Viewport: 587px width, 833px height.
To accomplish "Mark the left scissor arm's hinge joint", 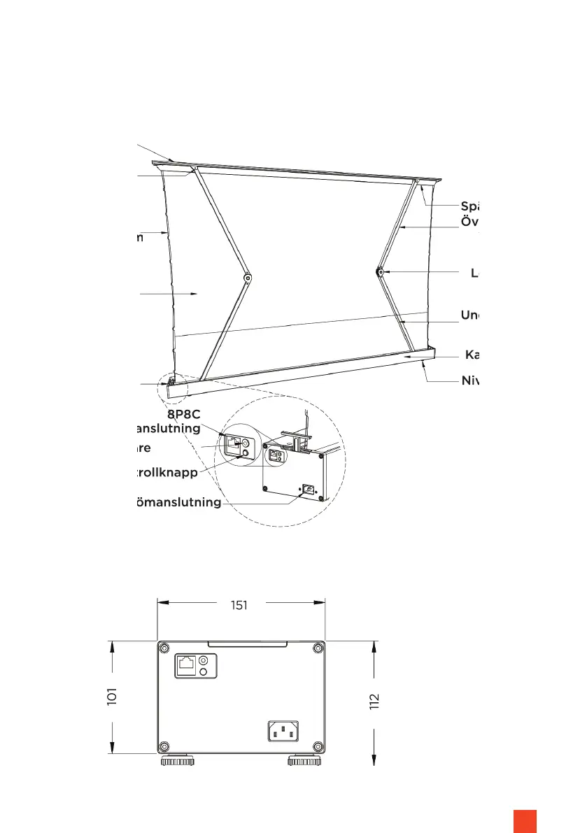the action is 248,278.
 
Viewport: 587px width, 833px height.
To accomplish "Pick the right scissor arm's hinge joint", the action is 379,272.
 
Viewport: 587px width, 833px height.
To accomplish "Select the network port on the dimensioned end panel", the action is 187,664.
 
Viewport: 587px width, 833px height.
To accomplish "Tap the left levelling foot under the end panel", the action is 177,760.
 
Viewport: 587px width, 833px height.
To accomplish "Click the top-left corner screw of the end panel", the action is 164,647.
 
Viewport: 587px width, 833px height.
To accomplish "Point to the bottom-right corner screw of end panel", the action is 318,746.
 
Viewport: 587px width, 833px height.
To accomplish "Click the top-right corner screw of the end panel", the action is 318,647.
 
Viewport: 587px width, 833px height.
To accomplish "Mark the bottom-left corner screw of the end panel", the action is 164,746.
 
